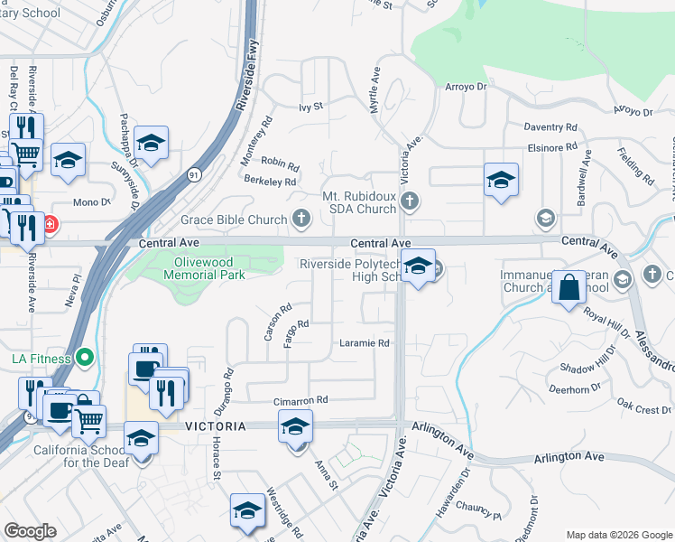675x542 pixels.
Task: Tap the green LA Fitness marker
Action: click(85, 359)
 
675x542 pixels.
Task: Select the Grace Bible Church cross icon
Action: click(301, 219)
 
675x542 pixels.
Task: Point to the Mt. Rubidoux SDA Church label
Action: click(359, 202)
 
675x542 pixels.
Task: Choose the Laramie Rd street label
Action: click(365, 343)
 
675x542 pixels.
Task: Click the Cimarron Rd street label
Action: click(301, 400)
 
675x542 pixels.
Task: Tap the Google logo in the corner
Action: click(30, 531)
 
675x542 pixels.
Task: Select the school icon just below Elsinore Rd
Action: click(500, 178)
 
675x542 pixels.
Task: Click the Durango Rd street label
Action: click(228, 384)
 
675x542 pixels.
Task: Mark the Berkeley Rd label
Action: click(270, 182)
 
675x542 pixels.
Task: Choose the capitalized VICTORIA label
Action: click(216, 425)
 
